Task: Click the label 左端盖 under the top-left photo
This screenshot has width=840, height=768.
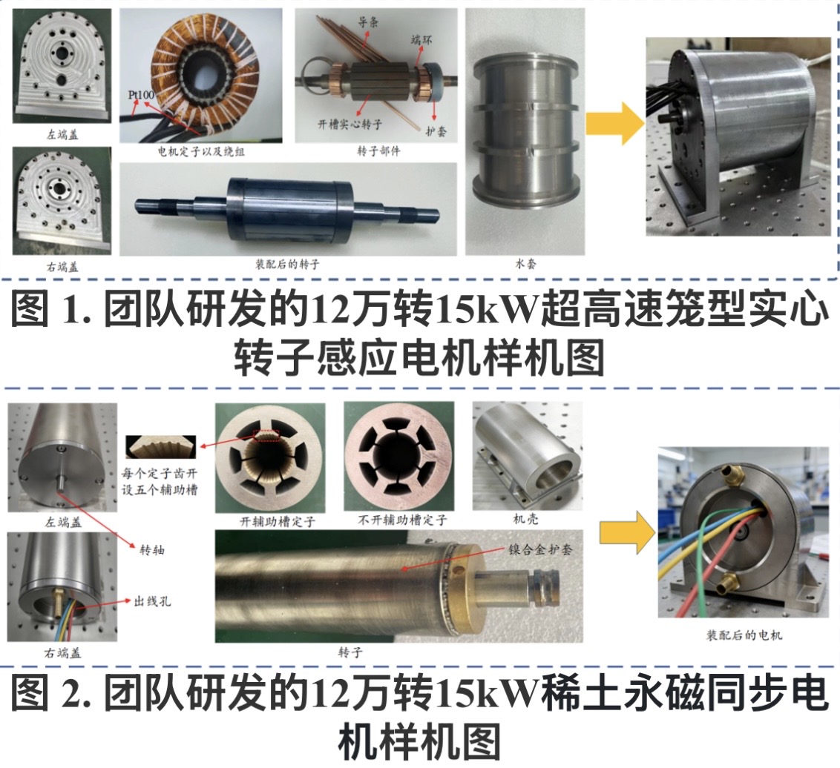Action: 62,135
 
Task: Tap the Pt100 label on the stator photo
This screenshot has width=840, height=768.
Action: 141,95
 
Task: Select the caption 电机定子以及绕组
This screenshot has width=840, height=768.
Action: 201,151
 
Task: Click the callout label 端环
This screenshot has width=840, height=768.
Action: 421,39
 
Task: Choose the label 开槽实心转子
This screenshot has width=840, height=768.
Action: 350,124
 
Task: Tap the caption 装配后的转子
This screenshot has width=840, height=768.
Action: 287,264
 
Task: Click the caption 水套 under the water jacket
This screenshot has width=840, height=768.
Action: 525,263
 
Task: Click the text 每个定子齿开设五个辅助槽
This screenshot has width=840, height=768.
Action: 160,481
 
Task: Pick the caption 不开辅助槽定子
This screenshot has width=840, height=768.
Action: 402,520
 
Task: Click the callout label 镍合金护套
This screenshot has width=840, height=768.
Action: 540,549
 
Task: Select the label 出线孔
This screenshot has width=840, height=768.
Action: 152,601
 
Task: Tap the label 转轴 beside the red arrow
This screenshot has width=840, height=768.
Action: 152,549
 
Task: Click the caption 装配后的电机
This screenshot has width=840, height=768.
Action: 744,635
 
